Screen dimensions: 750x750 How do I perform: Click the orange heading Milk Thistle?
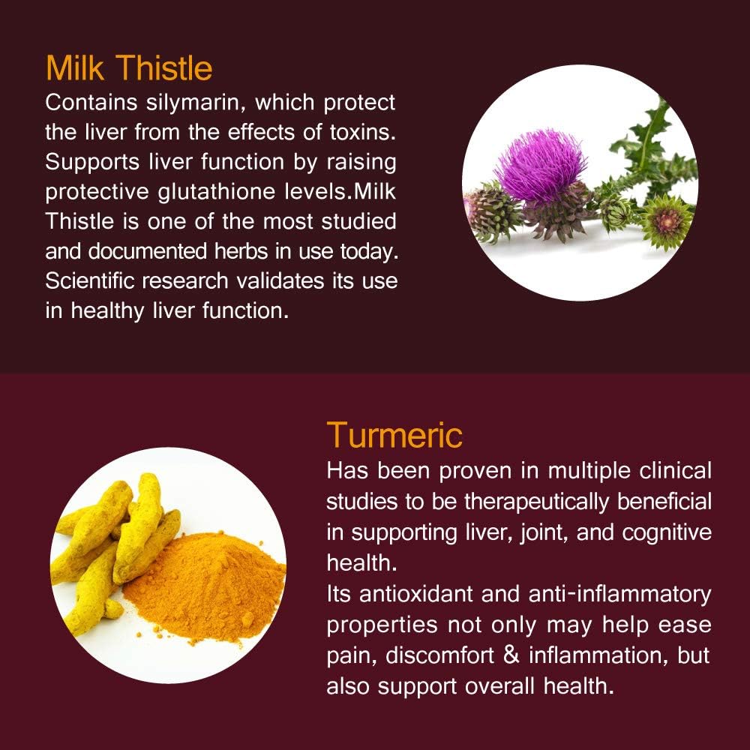(129, 68)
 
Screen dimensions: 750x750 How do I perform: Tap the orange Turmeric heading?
(394, 435)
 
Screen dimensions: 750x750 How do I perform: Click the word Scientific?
(97, 281)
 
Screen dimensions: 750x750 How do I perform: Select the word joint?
(543, 532)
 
